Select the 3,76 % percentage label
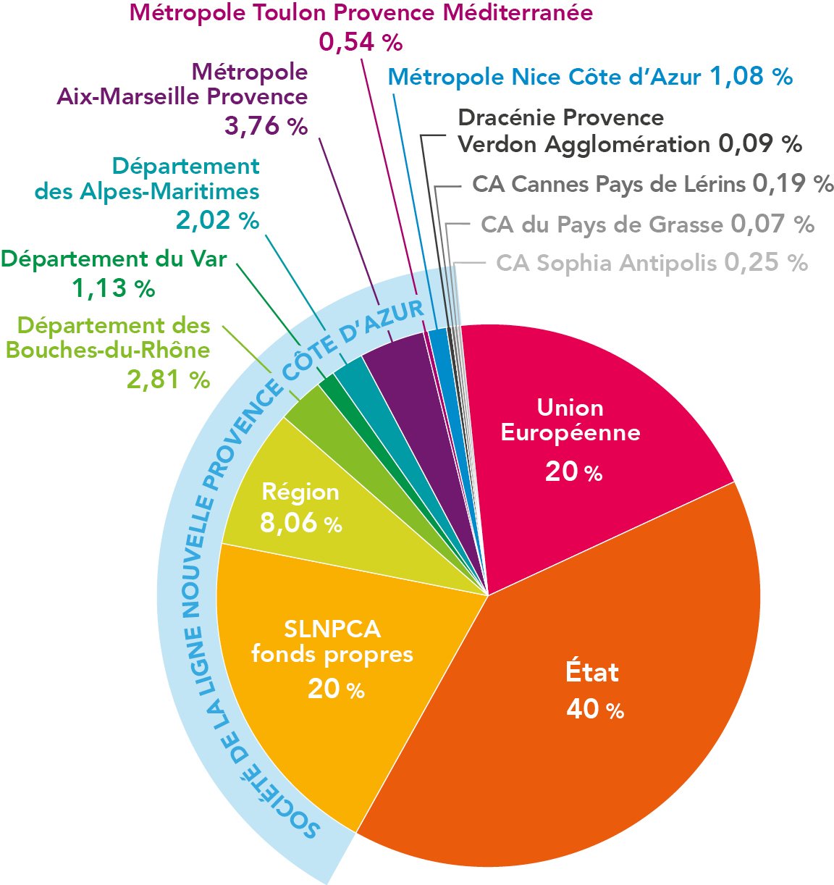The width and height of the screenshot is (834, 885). pos(266,126)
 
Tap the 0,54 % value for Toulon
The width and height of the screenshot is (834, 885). pos(361,42)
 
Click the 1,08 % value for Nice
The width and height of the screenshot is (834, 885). pos(751,76)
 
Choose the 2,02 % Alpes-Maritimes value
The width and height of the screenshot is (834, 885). pos(217,219)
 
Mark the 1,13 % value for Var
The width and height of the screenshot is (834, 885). pos(114,288)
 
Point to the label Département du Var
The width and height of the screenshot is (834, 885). pos(114,258)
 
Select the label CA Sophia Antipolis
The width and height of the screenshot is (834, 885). pos(607,263)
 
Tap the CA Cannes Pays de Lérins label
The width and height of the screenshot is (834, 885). pos(608,184)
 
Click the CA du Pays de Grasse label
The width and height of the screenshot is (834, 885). pos(602,225)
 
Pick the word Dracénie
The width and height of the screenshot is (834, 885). pos(507,117)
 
